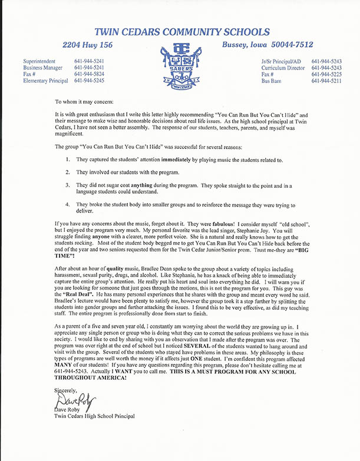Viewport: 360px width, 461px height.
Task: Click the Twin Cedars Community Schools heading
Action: (x=180, y=31)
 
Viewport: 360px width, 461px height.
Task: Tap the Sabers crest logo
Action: (x=180, y=65)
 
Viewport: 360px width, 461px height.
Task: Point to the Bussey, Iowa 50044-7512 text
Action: (x=267, y=45)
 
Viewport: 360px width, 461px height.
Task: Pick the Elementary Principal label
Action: (x=45, y=81)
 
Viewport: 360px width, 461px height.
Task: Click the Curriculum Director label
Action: (x=283, y=68)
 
